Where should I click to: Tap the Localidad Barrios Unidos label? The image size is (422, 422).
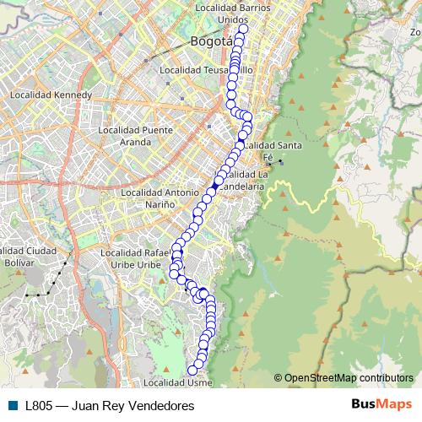click(x=232, y=13)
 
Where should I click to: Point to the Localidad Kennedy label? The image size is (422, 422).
click(x=51, y=95)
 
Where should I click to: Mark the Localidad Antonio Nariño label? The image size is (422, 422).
click(x=160, y=198)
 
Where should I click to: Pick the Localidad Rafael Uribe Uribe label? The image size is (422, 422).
click(x=142, y=258)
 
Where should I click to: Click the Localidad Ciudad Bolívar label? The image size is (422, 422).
click(x=29, y=257)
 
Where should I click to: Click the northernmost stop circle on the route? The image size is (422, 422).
click(x=243, y=29)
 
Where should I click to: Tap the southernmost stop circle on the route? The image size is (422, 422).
click(x=193, y=370)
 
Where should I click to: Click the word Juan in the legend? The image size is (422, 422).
click(x=87, y=405)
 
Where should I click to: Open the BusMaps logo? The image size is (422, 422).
click(x=381, y=404)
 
